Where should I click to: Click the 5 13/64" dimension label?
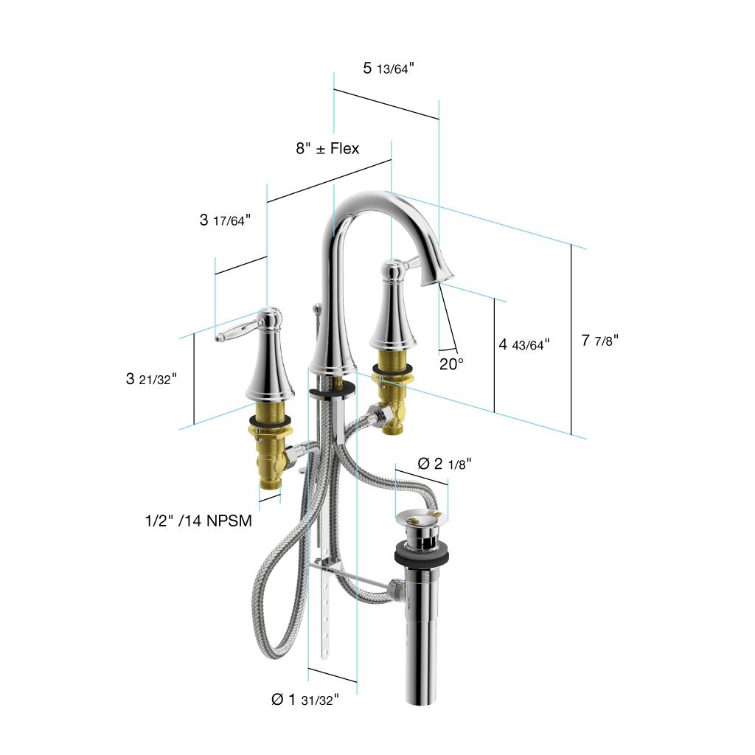pyautogui.click(x=388, y=69)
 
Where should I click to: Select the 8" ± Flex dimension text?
pyautogui.click(x=327, y=148)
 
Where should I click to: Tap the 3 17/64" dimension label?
pyautogui.click(x=225, y=220)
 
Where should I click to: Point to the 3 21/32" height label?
pyautogui.click(x=151, y=379)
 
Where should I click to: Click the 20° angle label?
pyautogui.click(x=451, y=364)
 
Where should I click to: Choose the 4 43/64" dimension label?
pyautogui.click(x=524, y=344)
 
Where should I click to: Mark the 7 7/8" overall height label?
pyautogui.click(x=599, y=341)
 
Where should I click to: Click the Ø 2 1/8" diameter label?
pyautogui.click(x=445, y=464)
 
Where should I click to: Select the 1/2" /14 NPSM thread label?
pyautogui.click(x=198, y=521)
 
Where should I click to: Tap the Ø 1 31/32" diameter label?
pyautogui.click(x=305, y=699)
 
